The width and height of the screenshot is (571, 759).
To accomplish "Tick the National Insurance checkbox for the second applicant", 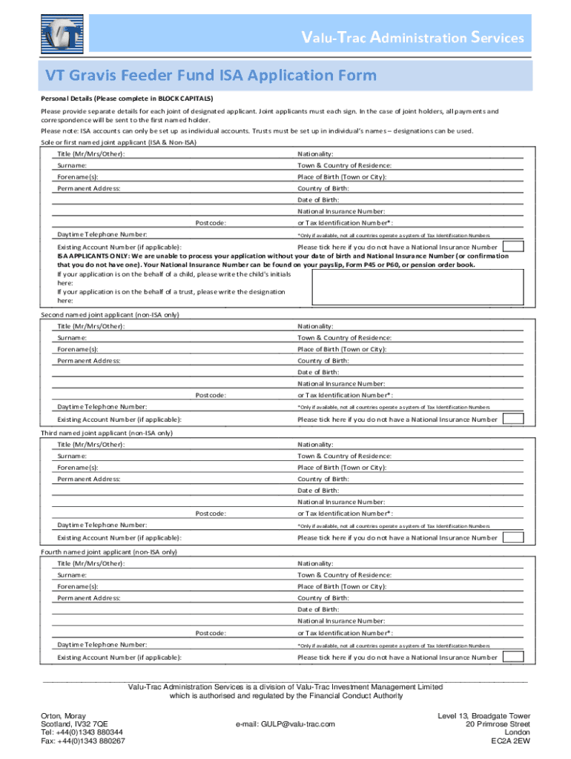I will click(514, 419).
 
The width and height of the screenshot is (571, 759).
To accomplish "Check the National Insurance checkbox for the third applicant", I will click(514, 537).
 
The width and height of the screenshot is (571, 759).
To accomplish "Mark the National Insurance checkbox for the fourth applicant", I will click(514, 657).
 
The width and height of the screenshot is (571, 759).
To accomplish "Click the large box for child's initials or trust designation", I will click(420, 287).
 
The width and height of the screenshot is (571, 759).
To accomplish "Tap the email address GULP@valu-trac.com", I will click(285, 723).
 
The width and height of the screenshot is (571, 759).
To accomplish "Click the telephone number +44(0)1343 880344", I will click(82, 732).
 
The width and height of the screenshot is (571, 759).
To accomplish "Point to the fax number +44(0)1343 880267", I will click(82, 740).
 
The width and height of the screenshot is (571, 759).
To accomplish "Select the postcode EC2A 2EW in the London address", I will click(510, 740).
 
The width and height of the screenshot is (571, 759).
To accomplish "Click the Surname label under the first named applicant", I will click(72, 165).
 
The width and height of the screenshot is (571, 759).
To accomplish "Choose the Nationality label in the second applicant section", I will click(315, 326).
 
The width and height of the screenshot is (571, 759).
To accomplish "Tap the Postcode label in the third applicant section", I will click(211, 514).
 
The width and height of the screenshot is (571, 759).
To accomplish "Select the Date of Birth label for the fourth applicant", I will click(318, 609).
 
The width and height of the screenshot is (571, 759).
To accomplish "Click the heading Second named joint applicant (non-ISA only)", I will click(110, 314).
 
